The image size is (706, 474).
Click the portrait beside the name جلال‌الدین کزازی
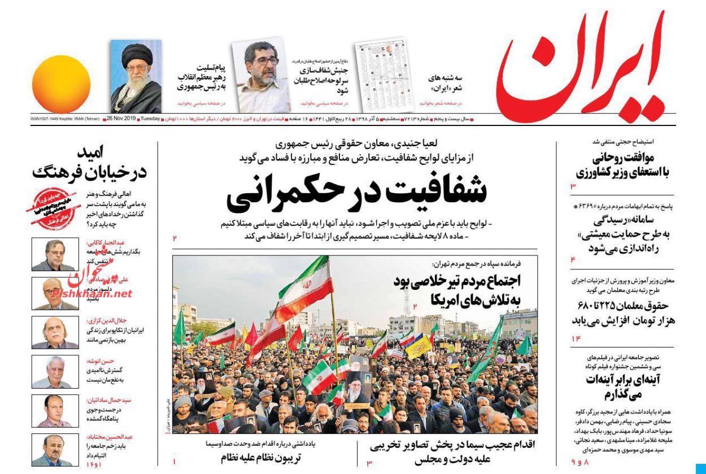point(55,332)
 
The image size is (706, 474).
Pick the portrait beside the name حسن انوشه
point(55,371)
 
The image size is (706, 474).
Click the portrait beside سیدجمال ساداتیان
point(55,410)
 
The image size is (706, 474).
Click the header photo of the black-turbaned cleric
point(136,76)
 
